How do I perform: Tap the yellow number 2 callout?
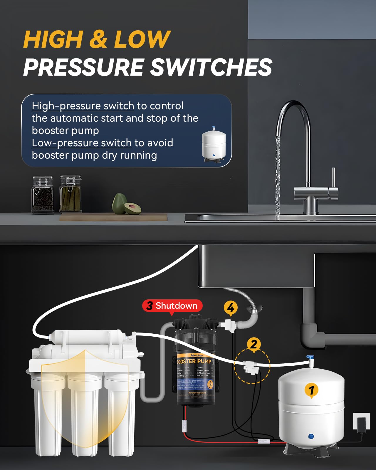(x=254, y=344)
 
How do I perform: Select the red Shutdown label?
(x=172, y=306)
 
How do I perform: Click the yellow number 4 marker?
(x=231, y=308)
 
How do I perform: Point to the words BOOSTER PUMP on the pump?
(x=194, y=361)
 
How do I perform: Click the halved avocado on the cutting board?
(x=132, y=208)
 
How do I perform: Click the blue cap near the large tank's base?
(x=311, y=437)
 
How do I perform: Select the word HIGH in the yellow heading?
(x=53, y=40)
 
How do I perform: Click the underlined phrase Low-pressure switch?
(x=82, y=143)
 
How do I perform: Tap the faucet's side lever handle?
(x=333, y=179)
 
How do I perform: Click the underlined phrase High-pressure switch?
(x=83, y=106)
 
